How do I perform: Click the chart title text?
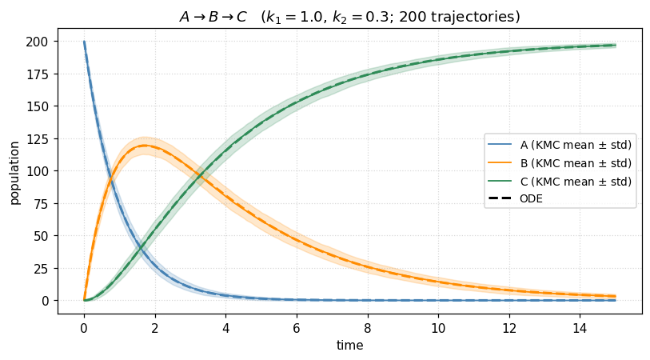[x=349, y=17]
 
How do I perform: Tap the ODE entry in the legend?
[x=531, y=199]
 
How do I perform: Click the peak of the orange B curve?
[x=144, y=145]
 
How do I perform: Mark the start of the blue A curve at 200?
[x=84, y=42]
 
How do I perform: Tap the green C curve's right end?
[x=615, y=46]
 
